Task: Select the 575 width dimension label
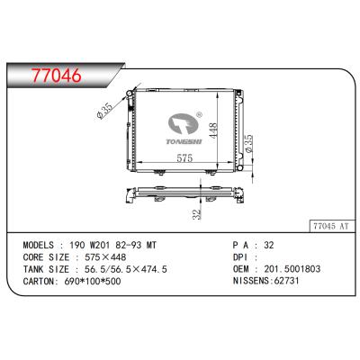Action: pos(182,158)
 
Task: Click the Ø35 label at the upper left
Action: pos(106,112)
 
